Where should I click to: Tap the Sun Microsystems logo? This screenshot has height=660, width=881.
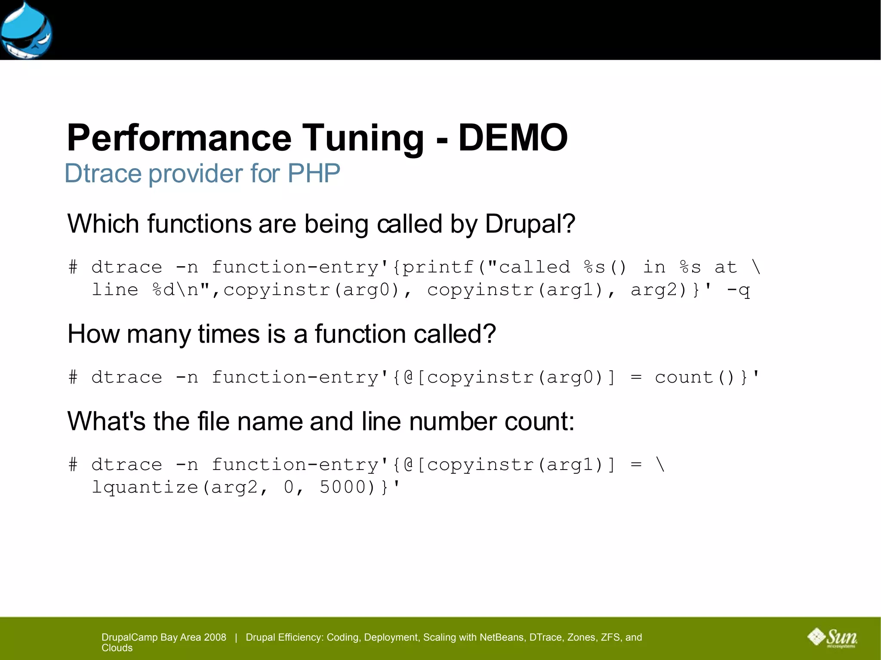point(833,638)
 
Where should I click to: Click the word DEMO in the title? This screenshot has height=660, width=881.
point(513,138)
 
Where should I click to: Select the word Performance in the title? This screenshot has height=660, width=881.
point(179,138)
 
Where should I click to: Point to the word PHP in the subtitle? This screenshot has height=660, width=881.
point(314,173)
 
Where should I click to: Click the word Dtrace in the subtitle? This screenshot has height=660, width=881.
point(103,173)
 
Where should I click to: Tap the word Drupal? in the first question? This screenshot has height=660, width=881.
point(530,224)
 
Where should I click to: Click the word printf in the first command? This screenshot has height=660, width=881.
point(437,267)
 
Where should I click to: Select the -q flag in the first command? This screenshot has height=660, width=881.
point(738,290)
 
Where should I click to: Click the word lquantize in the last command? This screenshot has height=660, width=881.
point(145,487)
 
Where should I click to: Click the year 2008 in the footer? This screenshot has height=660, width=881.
point(215,637)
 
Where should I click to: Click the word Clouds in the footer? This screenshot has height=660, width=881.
point(117,648)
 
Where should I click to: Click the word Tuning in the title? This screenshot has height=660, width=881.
point(364,138)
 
